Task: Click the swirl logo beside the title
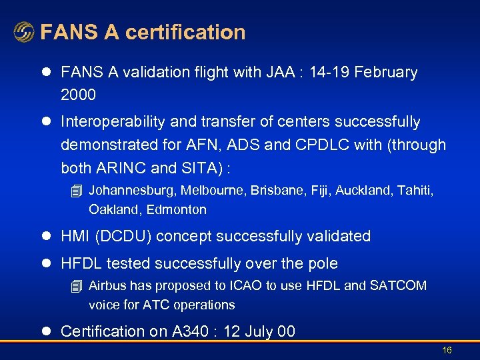coord(24,32)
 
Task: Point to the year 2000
coord(78,95)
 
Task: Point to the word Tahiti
coord(415,191)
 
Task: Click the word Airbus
coord(107,286)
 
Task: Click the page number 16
coord(447,350)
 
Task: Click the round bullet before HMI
coord(46,236)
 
